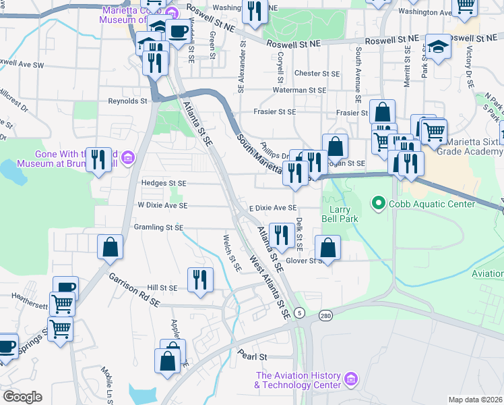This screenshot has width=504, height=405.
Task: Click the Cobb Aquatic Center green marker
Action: (379, 202)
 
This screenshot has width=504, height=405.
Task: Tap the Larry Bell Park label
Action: (344, 214)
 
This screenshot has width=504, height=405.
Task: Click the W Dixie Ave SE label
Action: (162, 205)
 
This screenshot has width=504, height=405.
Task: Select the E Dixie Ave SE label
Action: (273, 209)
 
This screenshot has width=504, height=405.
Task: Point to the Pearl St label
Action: (253, 356)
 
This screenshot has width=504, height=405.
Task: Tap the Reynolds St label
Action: (128, 101)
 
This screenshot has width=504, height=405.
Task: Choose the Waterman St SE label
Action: (299, 90)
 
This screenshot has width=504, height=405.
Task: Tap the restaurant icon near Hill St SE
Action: (200, 279)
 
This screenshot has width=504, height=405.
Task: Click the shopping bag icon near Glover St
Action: (327, 247)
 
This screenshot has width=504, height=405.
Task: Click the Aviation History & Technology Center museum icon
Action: (350, 380)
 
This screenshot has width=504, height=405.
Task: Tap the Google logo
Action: (22, 397)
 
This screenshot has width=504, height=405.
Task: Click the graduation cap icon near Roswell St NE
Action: (438, 47)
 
